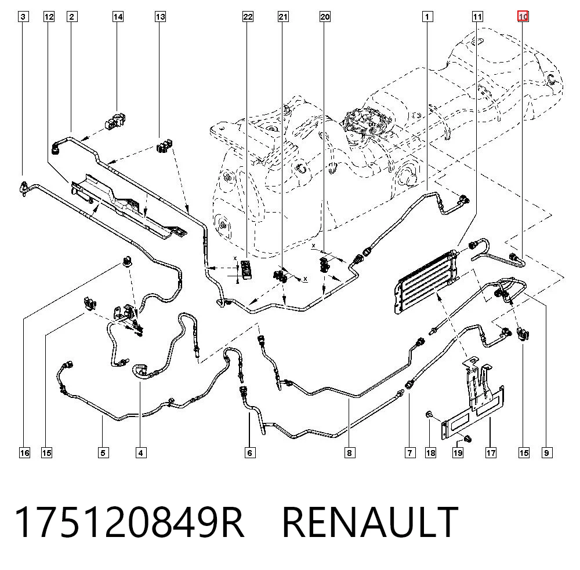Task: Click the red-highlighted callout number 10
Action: (523, 17)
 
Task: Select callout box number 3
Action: (23, 17)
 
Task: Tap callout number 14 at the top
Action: (118, 17)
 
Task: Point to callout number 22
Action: (248, 17)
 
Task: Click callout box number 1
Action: (427, 17)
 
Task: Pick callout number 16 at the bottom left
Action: (24, 453)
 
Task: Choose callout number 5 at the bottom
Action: (103, 453)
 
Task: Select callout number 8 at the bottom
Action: (350, 453)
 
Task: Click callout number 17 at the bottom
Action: (491, 453)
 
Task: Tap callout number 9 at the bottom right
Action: (547, 453)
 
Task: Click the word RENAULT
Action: (370, 522)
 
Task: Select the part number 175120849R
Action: (129, 522)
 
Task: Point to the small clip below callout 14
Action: (117, 122)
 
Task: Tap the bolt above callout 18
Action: (429, 414)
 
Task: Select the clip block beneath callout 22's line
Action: (246, 268)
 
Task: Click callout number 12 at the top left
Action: (49, 17)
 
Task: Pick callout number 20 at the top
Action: (325, 17)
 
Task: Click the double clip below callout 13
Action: (165, 146)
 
